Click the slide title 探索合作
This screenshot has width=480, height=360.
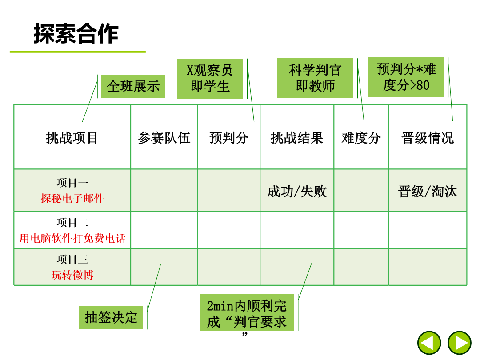[76, 33]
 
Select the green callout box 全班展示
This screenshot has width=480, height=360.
[133, 86]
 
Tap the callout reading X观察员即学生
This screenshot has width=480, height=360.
[210, 78]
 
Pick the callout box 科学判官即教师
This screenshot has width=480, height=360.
[315, 78]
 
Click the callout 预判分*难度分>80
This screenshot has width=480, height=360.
[406, 77]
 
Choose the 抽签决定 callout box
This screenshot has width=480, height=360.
[111, 317]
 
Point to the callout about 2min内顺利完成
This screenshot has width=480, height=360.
[247, 313]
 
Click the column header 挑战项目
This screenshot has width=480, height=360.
[72, 138]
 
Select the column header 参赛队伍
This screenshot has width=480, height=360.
[164, 138]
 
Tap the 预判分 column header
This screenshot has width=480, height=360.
[229, 138]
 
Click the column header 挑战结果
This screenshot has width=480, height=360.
[297, 138]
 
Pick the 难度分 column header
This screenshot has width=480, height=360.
[361, 138]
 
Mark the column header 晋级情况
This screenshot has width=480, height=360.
[428, 138]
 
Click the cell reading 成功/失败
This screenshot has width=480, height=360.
[297, 192]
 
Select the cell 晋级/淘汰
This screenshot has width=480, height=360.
[428, 192]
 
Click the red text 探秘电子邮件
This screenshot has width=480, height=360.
[72, 198]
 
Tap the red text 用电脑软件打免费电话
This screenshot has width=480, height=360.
[72, 238]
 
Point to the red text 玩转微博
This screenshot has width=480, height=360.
[72, 275]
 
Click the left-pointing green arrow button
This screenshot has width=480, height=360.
[429, 343]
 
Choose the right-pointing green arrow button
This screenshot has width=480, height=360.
[460, 343]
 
